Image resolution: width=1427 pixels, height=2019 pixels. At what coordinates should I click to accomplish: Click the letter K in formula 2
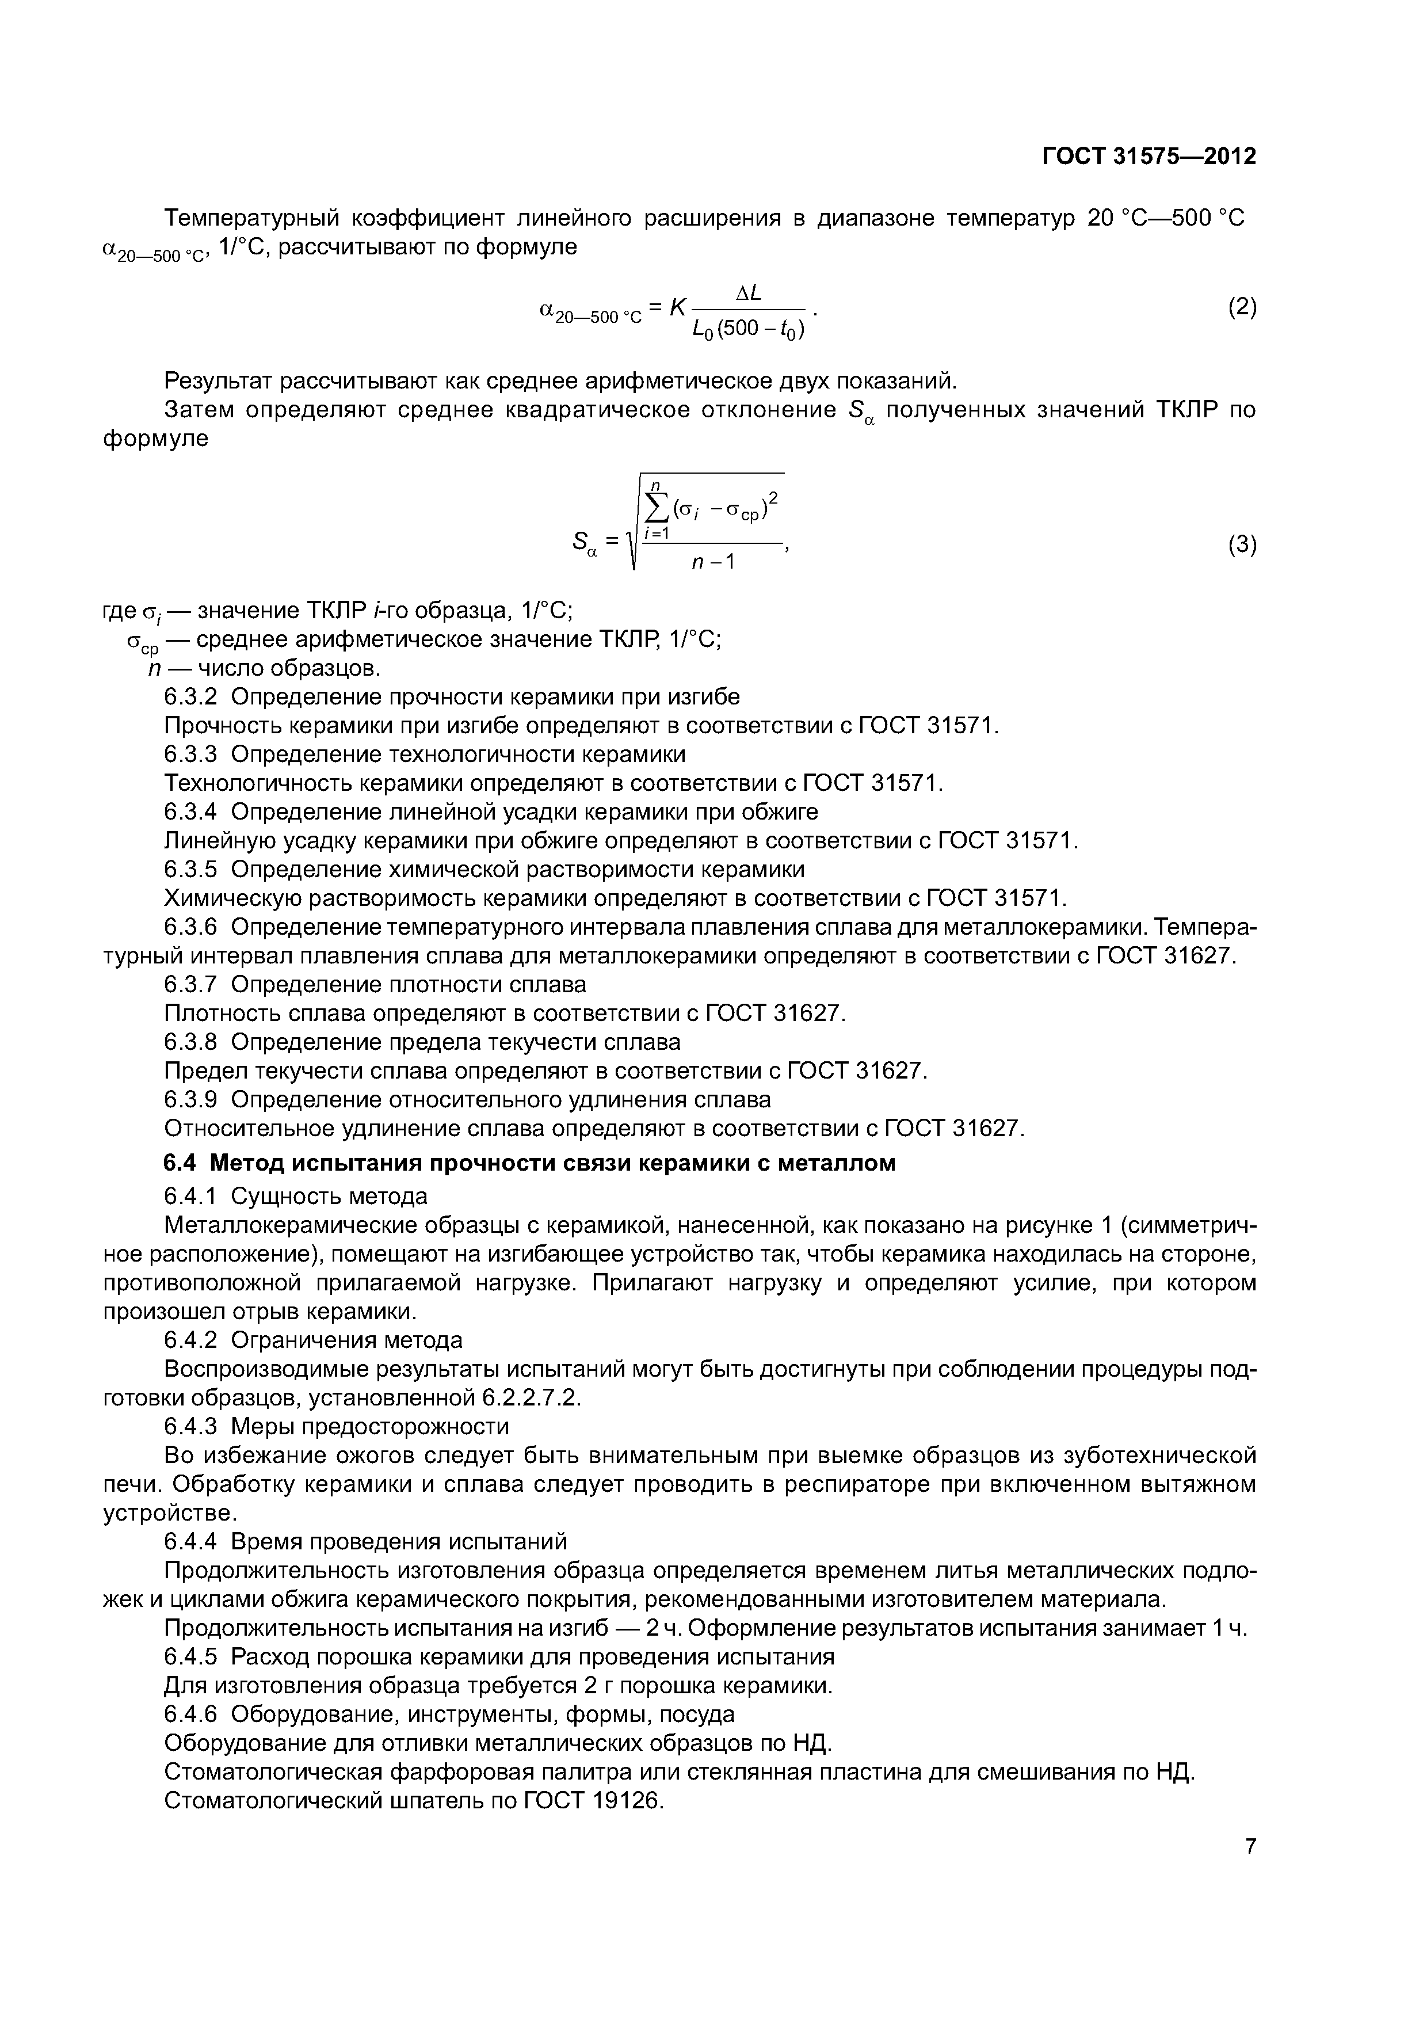(677, 308)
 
